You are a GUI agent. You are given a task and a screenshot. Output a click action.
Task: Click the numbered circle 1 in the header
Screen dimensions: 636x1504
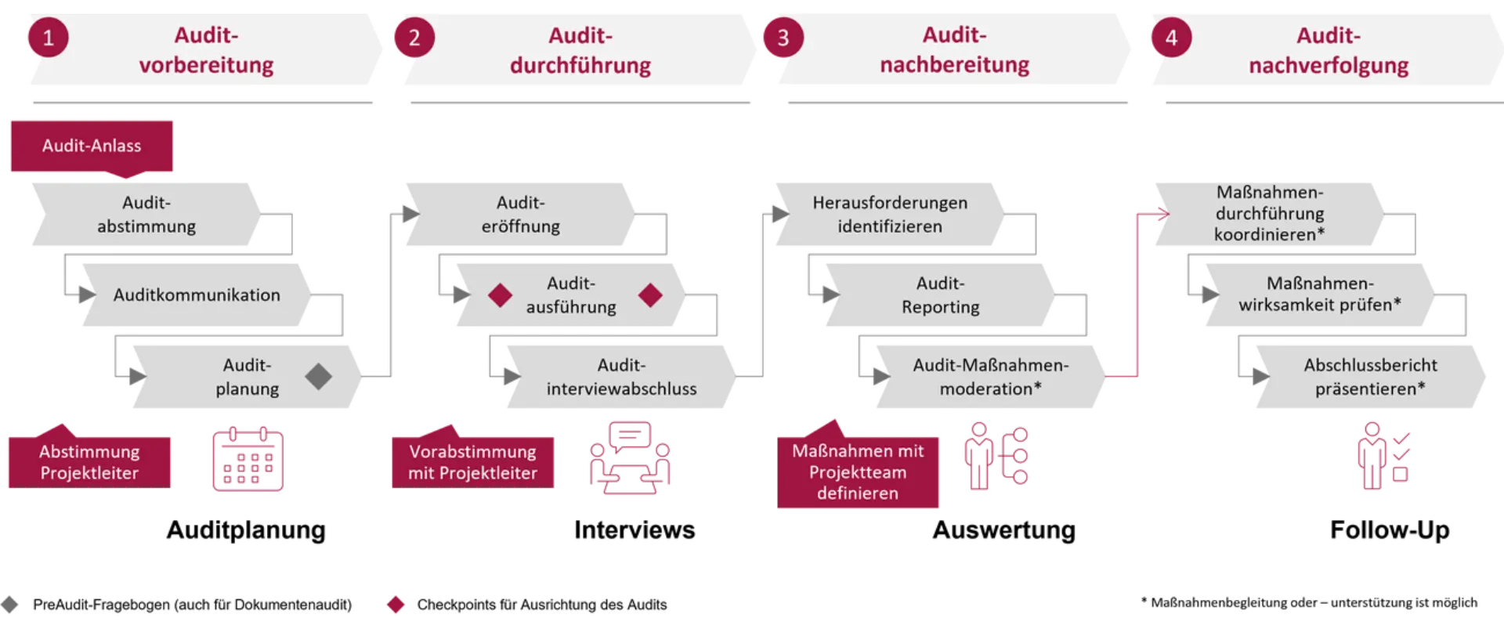coord(48,38)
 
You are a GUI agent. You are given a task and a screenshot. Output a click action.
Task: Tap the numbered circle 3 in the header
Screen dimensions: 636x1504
coord(782,38)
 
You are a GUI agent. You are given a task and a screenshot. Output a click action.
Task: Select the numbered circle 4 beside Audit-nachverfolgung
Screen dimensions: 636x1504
coord(1170,38)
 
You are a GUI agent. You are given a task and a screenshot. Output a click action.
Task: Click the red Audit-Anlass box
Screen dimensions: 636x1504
coord(92,146)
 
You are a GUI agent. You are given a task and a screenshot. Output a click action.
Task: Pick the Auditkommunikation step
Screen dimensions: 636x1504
coord(196,295)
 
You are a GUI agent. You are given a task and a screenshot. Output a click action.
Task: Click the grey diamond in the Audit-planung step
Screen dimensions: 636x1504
coord(318,377)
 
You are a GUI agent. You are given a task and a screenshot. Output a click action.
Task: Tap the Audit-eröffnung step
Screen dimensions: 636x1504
coord(520,214)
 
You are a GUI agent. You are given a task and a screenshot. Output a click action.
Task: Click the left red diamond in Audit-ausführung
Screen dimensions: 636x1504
coord(500,295)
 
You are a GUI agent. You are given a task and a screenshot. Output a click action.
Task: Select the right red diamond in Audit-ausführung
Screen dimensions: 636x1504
coord(650,295)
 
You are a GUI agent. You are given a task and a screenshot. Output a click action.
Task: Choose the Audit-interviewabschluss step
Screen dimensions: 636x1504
coord(620,377)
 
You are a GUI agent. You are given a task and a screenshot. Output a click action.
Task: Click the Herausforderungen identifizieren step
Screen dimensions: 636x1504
coord(889,214)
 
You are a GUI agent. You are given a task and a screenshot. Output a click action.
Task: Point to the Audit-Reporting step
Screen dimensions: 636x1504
coord(939,295)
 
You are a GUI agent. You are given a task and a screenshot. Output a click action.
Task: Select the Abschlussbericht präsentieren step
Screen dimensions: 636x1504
coord(1369,377)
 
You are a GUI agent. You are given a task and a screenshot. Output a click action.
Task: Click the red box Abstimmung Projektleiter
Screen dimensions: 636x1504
coord(89,461)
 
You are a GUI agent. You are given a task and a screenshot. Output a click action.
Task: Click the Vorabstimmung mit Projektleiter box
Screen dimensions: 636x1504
coord(472,461)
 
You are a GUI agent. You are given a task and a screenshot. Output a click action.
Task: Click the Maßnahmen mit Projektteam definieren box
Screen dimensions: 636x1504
coord(859,472)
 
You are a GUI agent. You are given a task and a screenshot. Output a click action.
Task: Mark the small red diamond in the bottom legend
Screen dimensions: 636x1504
coord(396,605)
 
